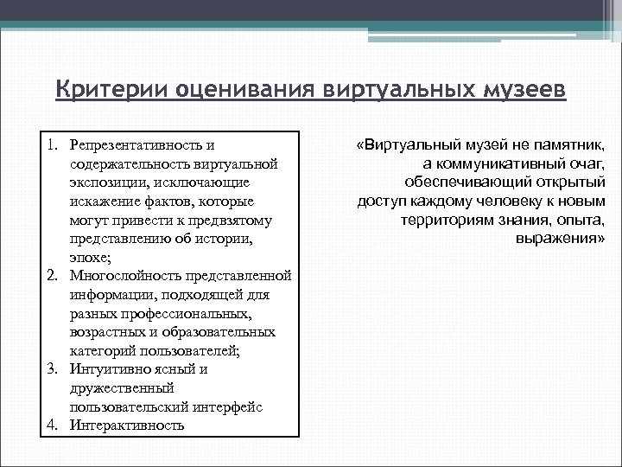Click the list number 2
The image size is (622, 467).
click(x=54, y=275)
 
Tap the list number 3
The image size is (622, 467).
click(x=54, y=368)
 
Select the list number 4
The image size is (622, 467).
click(x=54, y=425)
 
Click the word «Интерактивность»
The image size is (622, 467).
click(x=127, y=425)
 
